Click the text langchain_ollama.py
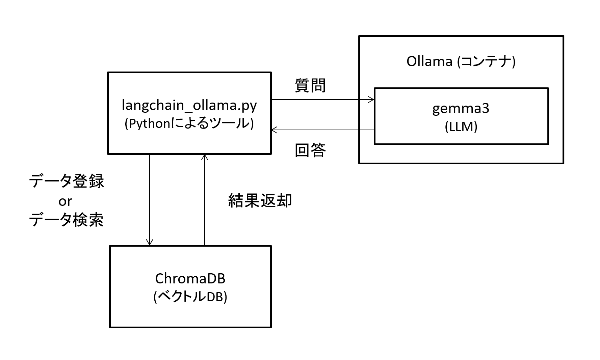pyautogui.click(x=189, y=106)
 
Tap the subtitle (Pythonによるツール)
pyautogui.click(x=189, y=124)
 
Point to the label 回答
pyautogui.click(x=310, y=150)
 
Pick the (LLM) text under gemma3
pyautogui.click(x=461, y=127)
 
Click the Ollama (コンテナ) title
pyautogui.click(x=461, y=61)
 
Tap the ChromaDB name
pyautogui.click(x=190, y=279)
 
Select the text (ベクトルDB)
pyautogui.click(x=190, y=297)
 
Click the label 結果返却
pyautogui.click(x=260, y=200)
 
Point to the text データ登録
pyautogui.click(x=67, y=181)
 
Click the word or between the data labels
pyautogui.click(x=65, y=201)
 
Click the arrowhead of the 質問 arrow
pyautogui.click(x=372, y=100)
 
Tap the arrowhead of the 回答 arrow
pyautogui.click(x=274, y=130)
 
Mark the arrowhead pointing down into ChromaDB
pyautogui.click(x=150, y=243)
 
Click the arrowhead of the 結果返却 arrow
pyautogui.click(x=205, y=157)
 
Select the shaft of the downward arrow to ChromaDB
pyautogui.click(x=150, y=200)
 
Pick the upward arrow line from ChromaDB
pyautogui.click(x=205, y=200)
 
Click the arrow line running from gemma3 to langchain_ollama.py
pyautogui.click(x=323, y=130)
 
